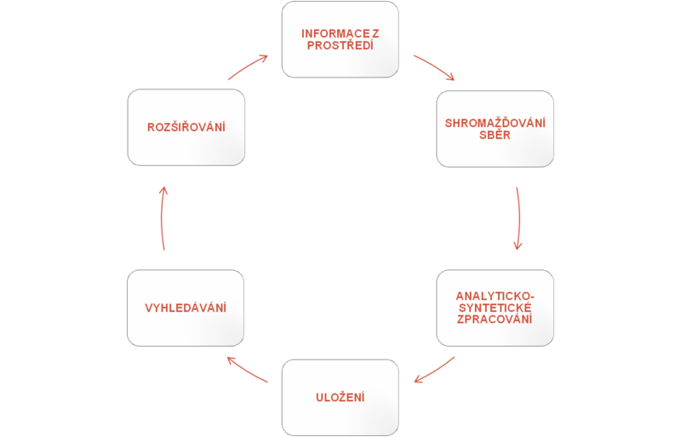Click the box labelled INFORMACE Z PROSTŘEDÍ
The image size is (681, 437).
point(340,39)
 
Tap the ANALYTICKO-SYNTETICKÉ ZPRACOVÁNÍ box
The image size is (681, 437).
point(495,307)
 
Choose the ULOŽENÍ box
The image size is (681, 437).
point(340,396)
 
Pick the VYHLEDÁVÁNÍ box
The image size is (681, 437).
point(186,307)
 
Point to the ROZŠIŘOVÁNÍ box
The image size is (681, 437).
point(186,128)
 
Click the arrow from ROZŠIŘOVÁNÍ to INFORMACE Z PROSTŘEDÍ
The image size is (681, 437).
point(248,66)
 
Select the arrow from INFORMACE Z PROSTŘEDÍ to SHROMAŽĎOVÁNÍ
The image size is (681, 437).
point(434,67)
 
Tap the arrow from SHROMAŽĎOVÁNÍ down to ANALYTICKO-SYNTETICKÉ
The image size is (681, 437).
point(518,218)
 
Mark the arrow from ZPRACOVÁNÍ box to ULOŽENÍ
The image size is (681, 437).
point(434,369)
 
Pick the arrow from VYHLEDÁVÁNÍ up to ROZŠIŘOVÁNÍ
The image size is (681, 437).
point(163,218)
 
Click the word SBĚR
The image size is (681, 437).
point(495,135)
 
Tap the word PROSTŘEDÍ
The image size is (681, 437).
point(340,44)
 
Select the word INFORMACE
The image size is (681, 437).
point(335,33)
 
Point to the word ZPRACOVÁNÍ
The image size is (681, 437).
point(495,319)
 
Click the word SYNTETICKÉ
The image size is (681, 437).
point(495,307)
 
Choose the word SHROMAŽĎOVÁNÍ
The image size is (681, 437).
point(495,123)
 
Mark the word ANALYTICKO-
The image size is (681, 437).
point(495,295)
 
